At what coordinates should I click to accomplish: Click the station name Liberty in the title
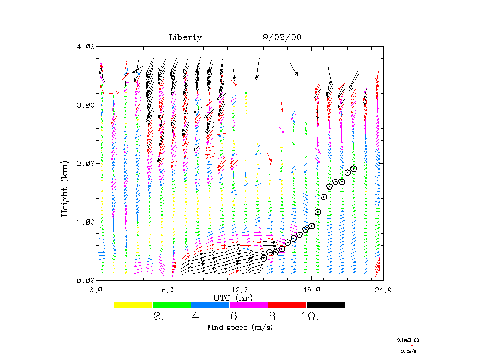[185, 38]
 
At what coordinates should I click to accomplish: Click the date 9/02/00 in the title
[282, 38]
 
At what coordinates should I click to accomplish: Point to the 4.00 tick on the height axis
[86, 47]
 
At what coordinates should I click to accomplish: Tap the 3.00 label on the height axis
[86, 105]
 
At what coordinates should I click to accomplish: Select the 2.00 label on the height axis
[86, 163]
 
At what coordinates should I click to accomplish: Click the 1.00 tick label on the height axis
[86, 222]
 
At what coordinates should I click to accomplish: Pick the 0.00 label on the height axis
[86, 280]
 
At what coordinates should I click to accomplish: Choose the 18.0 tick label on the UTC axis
[312, 290]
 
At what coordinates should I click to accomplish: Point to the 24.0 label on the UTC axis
[383, 290]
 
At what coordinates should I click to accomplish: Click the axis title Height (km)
[66, 189]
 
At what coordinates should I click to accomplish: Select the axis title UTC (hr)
[233, 298]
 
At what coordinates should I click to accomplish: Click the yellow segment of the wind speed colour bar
[134, 305]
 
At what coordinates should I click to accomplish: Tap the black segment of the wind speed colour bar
[326, 305]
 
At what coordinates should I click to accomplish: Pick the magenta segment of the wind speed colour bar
[249, 305]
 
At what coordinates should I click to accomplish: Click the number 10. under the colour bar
[310, 317]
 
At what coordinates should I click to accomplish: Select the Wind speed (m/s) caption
[240, 327]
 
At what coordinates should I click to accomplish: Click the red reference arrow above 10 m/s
[408, 345]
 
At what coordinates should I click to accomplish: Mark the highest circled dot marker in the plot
[353, 169]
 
